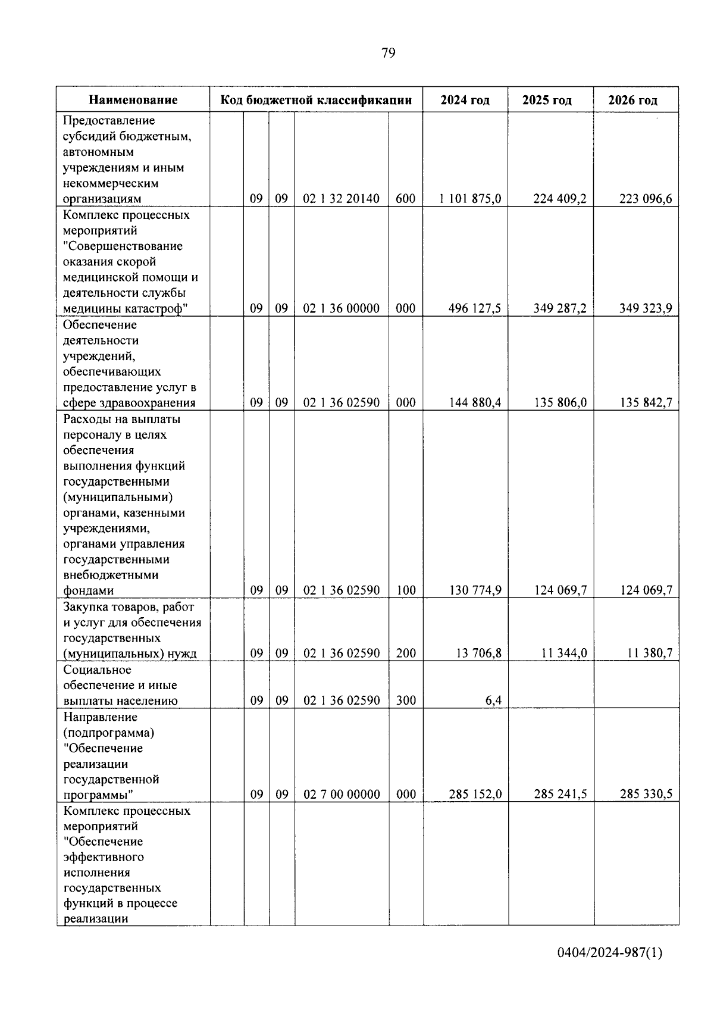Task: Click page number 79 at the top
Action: [387, 54]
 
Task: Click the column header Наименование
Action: [133, 100]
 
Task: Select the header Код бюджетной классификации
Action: [316, 100]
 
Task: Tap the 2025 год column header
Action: [547, 100]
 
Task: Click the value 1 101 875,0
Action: [470, 199]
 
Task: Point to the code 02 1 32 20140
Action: [341, 199]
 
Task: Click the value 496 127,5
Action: [474, 308]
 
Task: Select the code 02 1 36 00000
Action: [341, 308]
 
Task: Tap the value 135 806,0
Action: [560, 403]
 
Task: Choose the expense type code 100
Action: [406, 590]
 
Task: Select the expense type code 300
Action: [406, 701]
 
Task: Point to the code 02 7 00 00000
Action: [341, 795]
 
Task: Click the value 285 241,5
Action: [560, 795]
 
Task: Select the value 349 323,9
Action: [646, 308]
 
